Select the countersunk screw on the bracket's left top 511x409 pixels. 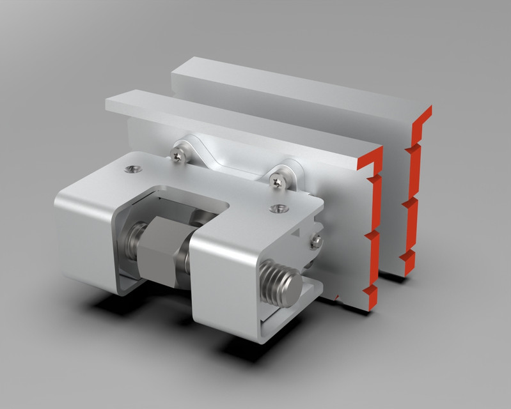click(132, 169)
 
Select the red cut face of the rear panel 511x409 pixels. click(414, 192)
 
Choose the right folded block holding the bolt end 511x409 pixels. click(224, 281)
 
